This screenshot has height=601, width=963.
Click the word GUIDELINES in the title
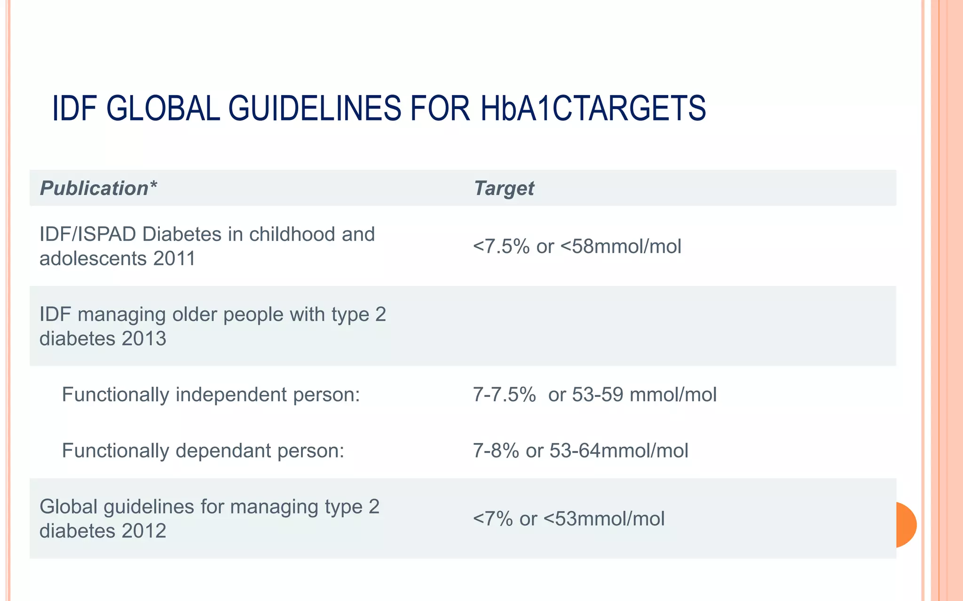315,109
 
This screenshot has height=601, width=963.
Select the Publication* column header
98,188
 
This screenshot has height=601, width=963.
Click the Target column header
504,188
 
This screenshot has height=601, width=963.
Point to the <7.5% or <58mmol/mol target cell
577,246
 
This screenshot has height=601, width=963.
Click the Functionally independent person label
211,395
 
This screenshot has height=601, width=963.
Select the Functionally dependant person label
203,451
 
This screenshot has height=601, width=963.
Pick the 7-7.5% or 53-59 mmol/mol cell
594,395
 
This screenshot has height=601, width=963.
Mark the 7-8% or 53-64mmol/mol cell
580,451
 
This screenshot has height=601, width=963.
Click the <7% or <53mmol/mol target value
568,519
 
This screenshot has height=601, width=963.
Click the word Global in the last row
68,507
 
